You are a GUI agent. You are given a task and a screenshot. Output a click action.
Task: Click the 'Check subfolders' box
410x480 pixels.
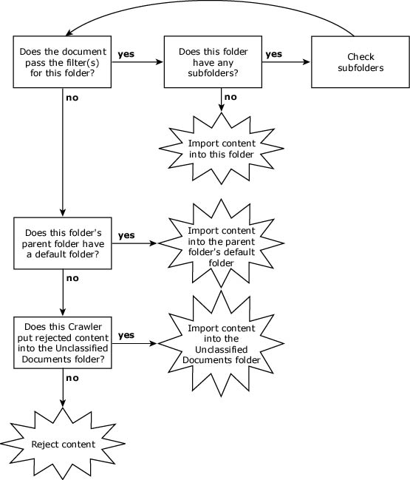(x=361, y=62)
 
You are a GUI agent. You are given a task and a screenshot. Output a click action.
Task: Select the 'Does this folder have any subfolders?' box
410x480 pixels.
(x=213, y=62)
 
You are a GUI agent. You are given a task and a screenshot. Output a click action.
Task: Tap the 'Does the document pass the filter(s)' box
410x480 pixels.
(x=62, y=62)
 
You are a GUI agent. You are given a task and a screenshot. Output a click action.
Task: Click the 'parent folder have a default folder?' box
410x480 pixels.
(x=63, y=243)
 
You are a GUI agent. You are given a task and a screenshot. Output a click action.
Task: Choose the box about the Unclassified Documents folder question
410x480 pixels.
(x=63, y=342)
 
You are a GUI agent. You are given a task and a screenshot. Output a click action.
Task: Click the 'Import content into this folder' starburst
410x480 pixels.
(x=222, y=149)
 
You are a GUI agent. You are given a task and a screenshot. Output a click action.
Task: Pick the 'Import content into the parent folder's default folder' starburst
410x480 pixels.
(x=222, y=243)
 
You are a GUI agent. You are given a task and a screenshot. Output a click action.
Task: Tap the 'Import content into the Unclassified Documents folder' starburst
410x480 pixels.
(x=222, y=343)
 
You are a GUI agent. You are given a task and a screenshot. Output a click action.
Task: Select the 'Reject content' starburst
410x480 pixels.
(x=63, y=444)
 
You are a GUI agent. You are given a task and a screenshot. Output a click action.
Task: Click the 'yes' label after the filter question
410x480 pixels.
(x=126, y=54)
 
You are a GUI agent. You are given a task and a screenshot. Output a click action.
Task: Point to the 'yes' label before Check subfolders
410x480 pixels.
(x=273, y=54)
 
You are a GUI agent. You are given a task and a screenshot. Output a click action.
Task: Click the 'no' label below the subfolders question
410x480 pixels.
(x=230, y=97)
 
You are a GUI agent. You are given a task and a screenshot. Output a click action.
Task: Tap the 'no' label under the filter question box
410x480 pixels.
(x=72, y=98)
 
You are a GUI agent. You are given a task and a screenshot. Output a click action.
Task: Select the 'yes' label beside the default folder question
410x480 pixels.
(x=126, y=235)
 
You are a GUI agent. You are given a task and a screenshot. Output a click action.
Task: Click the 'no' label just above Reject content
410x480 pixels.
(x=72, y=378)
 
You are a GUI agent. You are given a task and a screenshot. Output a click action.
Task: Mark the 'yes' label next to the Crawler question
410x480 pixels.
(x=126, y=335)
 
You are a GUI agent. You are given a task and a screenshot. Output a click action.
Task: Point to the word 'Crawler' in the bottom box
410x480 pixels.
(x=85, y=327)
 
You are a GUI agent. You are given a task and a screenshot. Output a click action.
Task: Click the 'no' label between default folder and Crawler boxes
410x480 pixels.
(x=72, y=278)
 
